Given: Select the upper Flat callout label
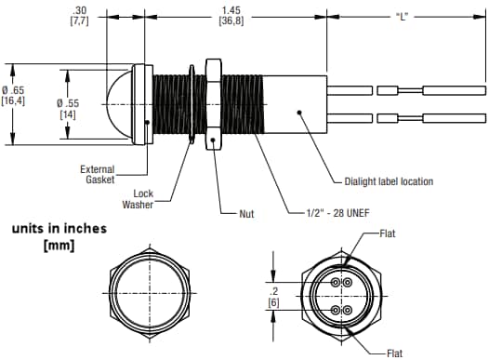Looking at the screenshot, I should [391, 234].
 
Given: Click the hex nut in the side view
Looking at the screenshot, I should [213, 104].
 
